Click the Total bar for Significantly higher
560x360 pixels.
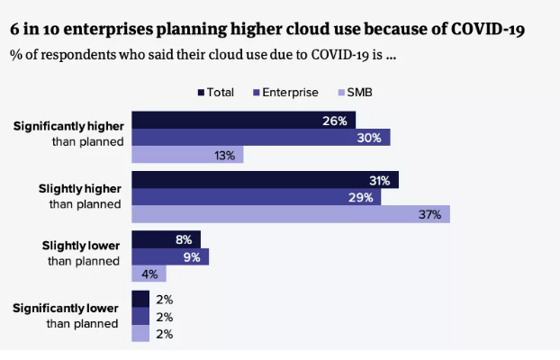tap(243, 121)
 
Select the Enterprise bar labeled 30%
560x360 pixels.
tap(261, 138)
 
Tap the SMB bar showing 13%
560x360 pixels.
tap(187, 155)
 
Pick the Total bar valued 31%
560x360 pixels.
tap(265, 180)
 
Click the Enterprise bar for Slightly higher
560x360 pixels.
tap(256, 197)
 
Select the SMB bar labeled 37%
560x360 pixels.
tap(290, 214)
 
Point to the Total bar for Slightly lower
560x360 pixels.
tap(166, 240)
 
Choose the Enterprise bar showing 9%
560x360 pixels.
tap(170, 257)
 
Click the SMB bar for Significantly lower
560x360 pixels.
tap(140, 334)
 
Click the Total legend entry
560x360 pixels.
tap(216, 92)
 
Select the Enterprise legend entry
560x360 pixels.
tap(286, 92)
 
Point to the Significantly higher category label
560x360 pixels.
tap(68, 134)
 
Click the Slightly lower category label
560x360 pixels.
tap(81, 253)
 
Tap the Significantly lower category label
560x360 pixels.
tap(66, 316)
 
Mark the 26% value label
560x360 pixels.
tap(335, 121)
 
